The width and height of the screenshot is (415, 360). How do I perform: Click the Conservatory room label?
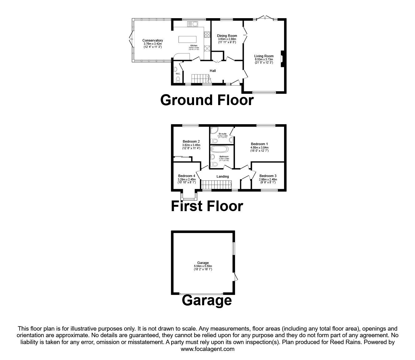[152, 40]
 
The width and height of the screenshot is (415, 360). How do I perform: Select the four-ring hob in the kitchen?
[207, 34]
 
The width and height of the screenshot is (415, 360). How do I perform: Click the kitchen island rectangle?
[188, 39]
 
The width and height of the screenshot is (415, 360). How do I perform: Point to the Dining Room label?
[227, 36]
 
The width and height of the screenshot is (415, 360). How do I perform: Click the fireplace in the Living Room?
[282, 59]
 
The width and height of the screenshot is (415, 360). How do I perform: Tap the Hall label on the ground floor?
[213, 71]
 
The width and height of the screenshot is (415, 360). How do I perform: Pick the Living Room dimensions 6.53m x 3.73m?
[264, 59]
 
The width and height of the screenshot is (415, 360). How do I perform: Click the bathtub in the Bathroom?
[220, 149]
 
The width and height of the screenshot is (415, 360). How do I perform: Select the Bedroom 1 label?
[259, 144]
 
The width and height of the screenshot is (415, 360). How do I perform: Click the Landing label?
[222, 176]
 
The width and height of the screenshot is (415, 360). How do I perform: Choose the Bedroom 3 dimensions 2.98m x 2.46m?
[268, 180]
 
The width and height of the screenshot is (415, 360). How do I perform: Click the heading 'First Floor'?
[207, 206]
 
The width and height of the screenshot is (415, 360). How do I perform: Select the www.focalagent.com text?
[207, 349]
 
